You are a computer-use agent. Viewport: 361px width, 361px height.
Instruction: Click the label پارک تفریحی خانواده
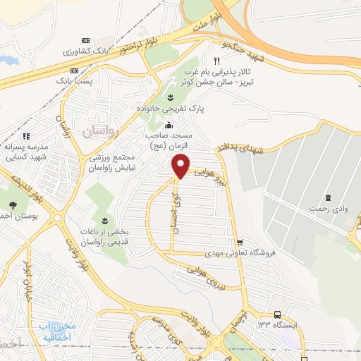pos(169,110)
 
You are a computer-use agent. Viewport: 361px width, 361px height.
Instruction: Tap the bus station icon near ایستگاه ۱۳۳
pos(277,314)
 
